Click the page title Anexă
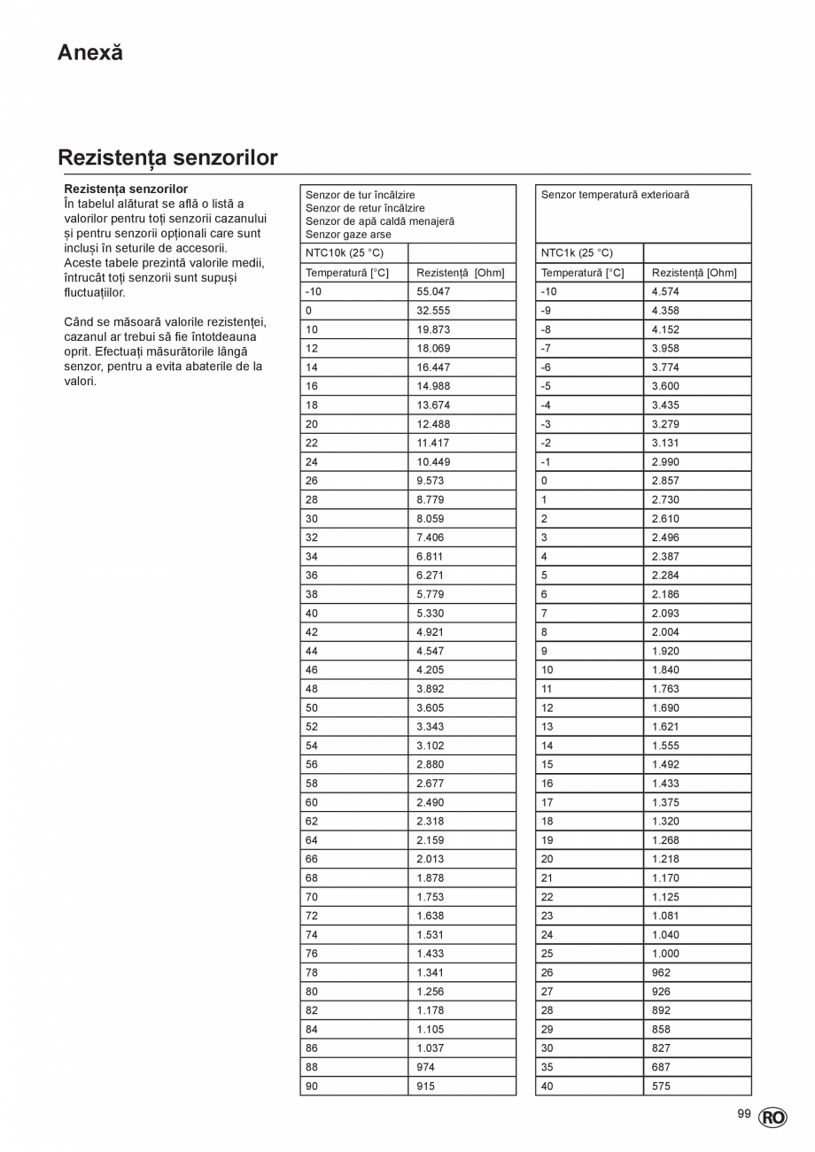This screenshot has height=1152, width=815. [x=90, y=52]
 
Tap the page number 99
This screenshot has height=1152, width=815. [x=743, y=1114]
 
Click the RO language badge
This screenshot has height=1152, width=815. [x=772, y=1117]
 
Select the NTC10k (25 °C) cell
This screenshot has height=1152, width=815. [x=345, y=253]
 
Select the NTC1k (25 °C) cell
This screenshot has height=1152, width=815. [x=577, y=253]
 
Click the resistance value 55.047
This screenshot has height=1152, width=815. [x=434, y=291]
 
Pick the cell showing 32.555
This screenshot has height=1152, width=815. [x=434, y=311]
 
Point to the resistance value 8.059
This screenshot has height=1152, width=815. [x=431, y=519]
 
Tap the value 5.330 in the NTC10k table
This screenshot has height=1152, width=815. [x=431, y=613]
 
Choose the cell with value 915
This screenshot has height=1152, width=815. [x=426, y=1086]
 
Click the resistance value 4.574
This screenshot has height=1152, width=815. [x=665, y=291]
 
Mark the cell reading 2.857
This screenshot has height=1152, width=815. [x=665, y=481]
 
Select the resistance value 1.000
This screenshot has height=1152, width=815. [x=665, y=954]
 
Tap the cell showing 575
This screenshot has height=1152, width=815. [x=661, y=1086]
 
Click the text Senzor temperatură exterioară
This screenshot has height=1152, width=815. [x=615, y=195]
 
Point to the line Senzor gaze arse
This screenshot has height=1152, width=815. [x=348, y=235]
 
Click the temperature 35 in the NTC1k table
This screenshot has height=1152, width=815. [x=547, y=1067]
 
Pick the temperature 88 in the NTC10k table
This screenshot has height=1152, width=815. [x=312, y=1067]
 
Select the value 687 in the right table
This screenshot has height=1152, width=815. [x=661, y=1067]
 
